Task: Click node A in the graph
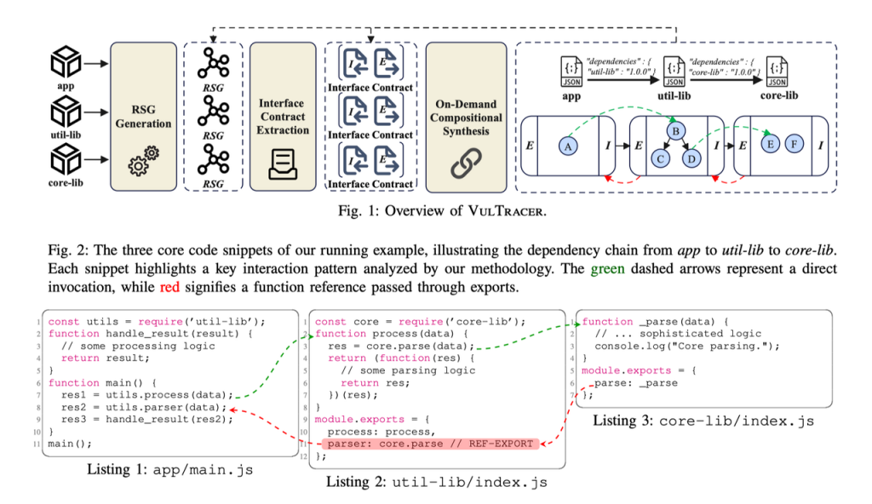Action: click(x=568, y=146)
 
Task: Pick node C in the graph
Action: click(x=660, y=158)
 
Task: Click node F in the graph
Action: click(x=794, y=145)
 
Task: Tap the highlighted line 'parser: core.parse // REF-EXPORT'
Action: click(x=423, y=443)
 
